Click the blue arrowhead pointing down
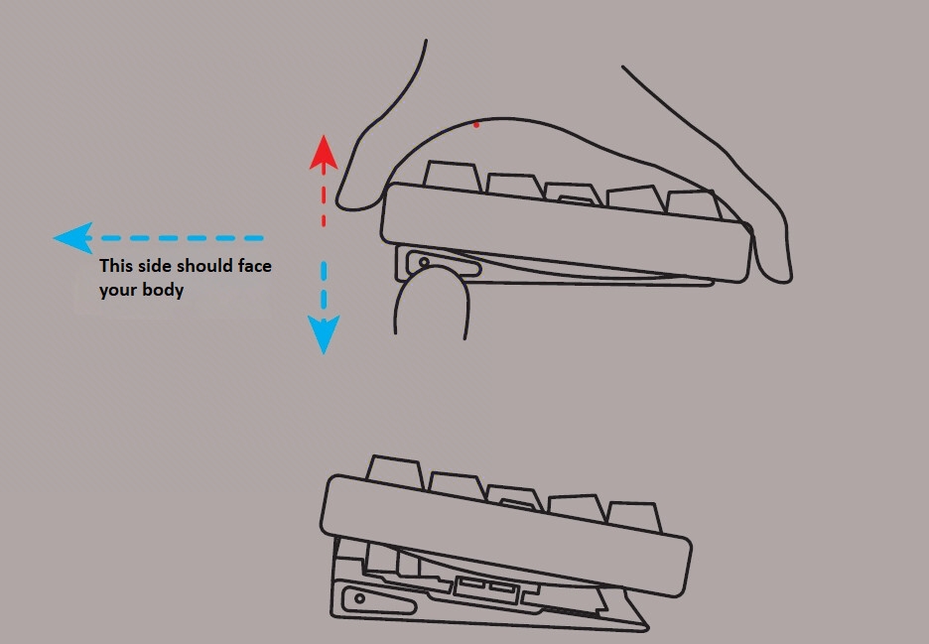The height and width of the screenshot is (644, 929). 324,334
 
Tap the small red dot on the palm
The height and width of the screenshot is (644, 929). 476,124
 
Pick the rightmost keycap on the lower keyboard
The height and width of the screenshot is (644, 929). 631,517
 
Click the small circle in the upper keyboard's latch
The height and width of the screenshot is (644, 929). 425,263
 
